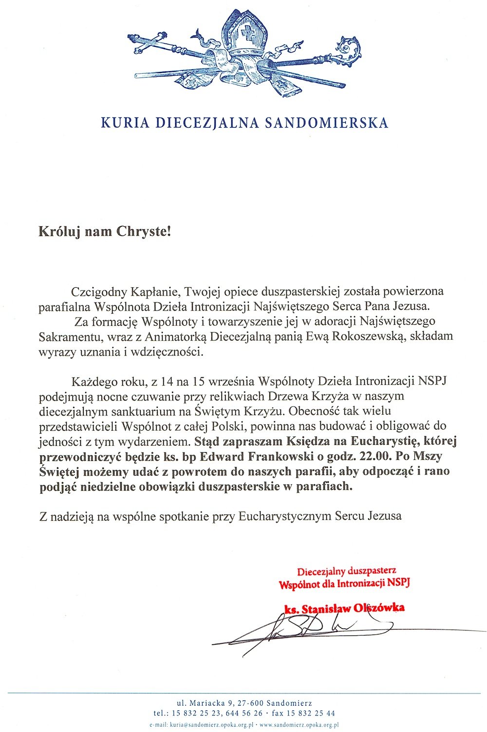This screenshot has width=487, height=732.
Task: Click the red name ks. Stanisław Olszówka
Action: click(344, 608)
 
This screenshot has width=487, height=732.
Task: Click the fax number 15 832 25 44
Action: click(310, 713)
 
